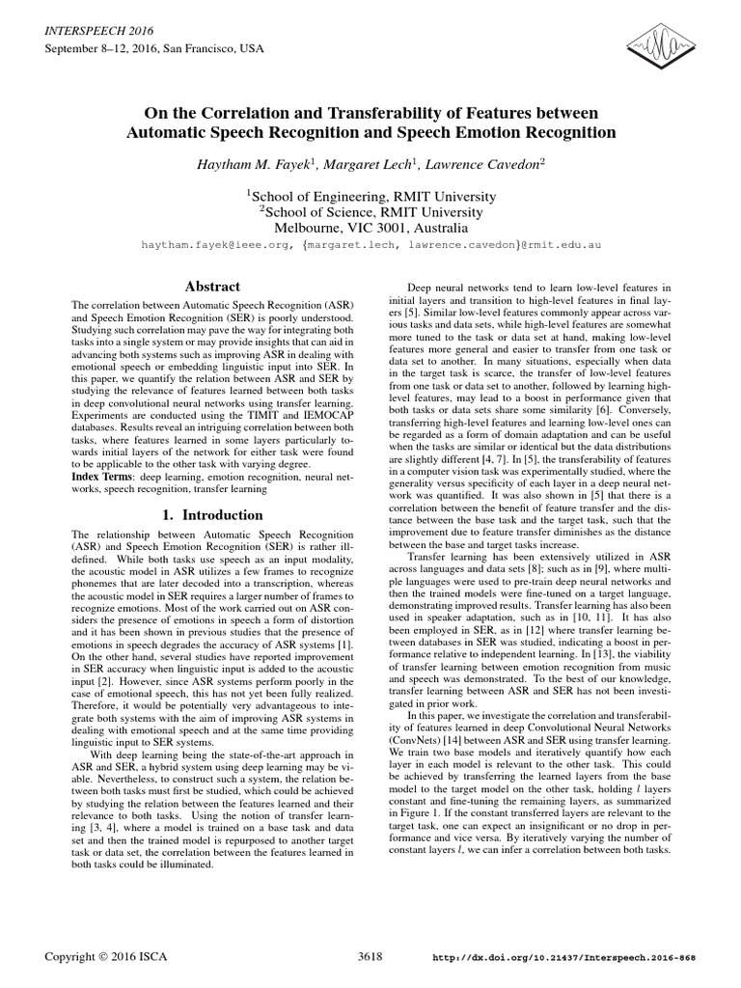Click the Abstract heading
point(211,287)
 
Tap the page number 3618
point(370,956)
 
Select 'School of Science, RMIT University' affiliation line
point(370,213)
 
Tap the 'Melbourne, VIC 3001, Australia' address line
point(370,230)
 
